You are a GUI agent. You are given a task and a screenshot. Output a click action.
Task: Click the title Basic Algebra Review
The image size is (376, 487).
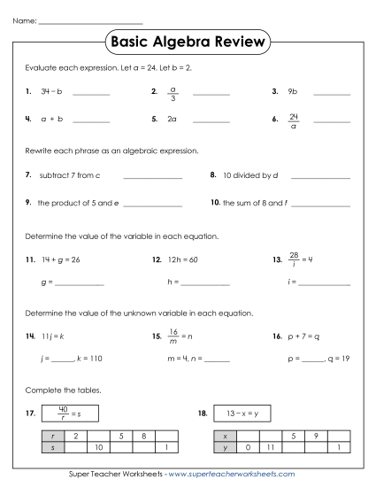click(187, 43)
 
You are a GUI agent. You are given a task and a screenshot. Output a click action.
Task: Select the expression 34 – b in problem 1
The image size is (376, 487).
click(50, 90)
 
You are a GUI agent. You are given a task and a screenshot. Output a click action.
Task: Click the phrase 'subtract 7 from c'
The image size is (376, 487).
click(69, 175)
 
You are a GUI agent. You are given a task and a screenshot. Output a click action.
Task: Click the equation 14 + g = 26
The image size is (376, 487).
click(60, 260)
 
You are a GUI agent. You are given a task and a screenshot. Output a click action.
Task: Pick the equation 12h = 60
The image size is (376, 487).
click(181, 260)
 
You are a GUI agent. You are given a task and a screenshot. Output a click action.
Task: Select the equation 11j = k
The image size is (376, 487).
click(53, 337)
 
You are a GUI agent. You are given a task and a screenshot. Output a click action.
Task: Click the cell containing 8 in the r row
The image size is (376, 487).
click(143, 437)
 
